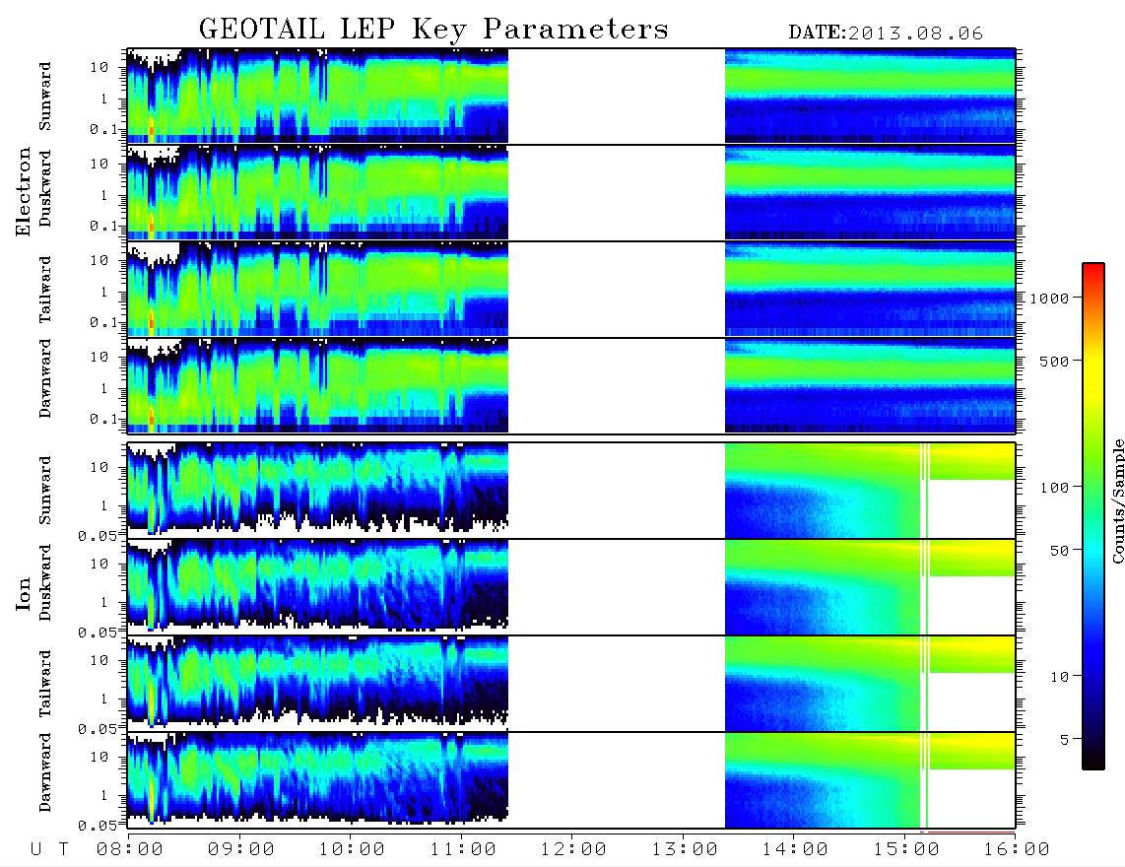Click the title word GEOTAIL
point(262,29)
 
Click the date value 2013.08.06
point(915,33)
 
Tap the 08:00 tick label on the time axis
point(130,849)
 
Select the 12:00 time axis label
point(573,849)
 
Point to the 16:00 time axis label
point(1017,849)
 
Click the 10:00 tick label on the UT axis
point(352,849)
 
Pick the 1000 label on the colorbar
point(1049,298)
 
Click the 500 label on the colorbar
point(1054,361)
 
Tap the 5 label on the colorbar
point(1065,739)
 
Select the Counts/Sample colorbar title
point(1117,500)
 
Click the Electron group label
point(23,191)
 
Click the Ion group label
point(23,593)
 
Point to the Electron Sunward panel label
point(45,97)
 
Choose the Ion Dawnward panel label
point(45,772)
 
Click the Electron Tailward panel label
point(45,290)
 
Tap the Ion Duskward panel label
point(45,582)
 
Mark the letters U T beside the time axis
point(49,849)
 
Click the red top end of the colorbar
point(1093,266)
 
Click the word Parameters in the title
point(575,29)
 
